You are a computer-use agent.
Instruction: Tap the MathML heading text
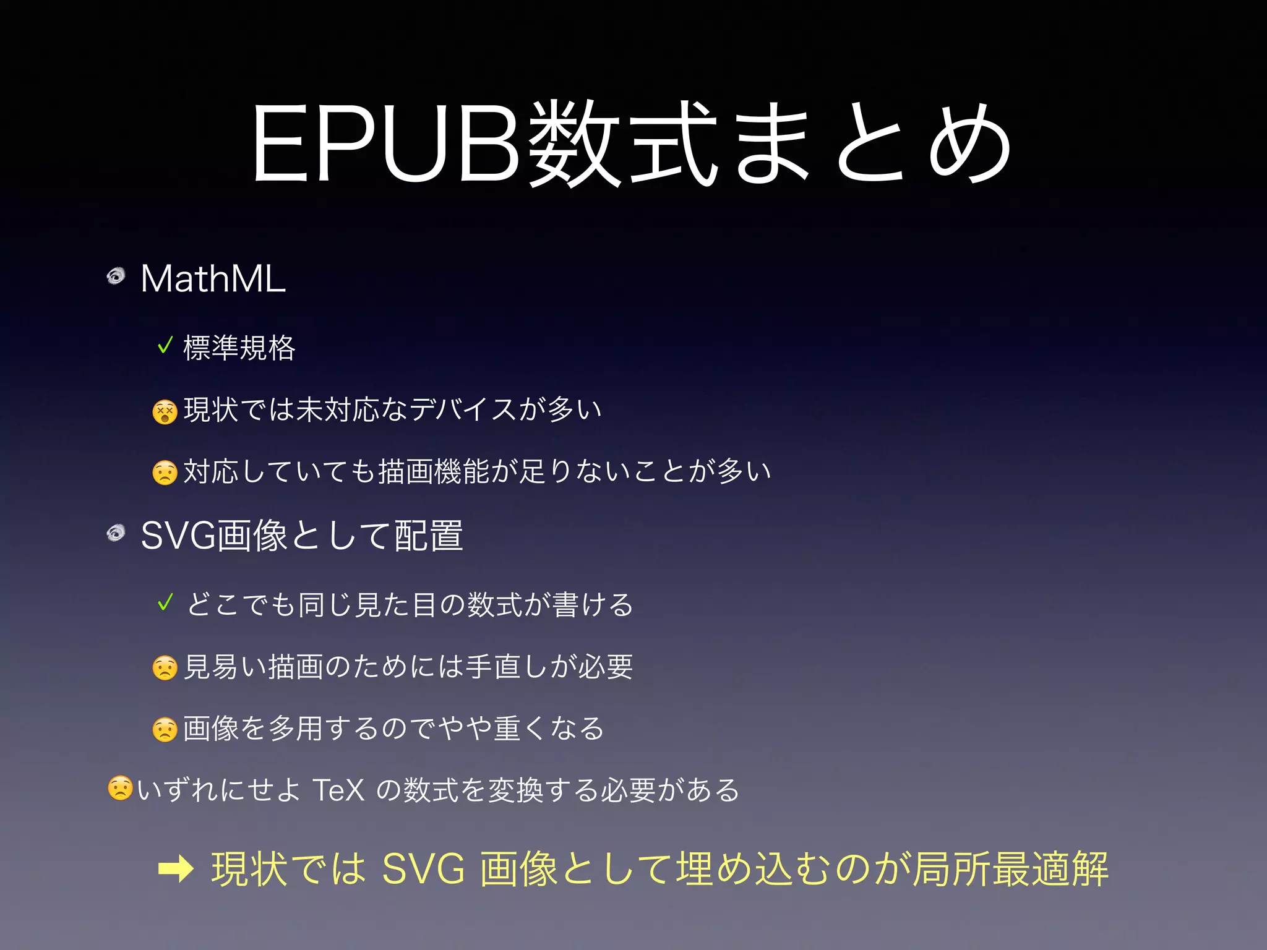click(213, 279)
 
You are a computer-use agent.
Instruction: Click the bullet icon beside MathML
click(116, 275)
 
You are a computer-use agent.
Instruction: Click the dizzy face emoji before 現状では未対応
click(165, 411)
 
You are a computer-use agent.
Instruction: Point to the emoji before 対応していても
click(165, 473)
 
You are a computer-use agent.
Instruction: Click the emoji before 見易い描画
click(165, 668)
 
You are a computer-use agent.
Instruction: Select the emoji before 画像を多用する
click(165, 730)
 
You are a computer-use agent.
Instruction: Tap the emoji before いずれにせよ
click(120, 789)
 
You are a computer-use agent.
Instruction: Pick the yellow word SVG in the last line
click(423, 869)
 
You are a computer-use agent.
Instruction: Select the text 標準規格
click(239, 348)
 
